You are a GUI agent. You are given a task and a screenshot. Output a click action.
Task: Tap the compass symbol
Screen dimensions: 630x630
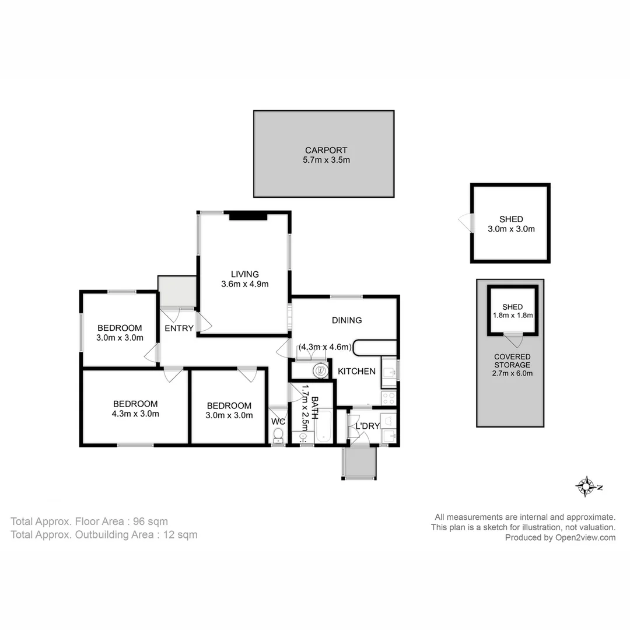click(x=585, y=486)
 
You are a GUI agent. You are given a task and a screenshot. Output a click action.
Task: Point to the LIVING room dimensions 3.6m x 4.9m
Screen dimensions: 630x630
click(x=244, y=284)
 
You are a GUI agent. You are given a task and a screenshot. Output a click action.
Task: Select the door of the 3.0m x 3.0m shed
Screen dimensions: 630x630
click(x=465, y=222)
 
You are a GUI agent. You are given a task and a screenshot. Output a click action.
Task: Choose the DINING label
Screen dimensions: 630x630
click(x=346, y=320)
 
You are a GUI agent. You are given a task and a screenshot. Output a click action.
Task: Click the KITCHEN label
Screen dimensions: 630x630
click(x=356, y=371)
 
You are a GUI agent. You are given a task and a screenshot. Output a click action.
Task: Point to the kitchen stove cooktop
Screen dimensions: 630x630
click(x=389, y=398)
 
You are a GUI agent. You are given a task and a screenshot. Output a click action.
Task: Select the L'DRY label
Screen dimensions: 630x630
click(x=367, y=426)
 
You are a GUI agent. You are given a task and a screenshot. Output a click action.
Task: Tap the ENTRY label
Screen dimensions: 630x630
click(x=178, y=328)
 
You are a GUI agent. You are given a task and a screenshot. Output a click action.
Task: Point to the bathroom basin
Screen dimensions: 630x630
click(x=303, y=436)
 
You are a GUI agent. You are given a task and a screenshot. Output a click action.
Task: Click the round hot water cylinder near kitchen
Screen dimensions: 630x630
click(x=319, y=369)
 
